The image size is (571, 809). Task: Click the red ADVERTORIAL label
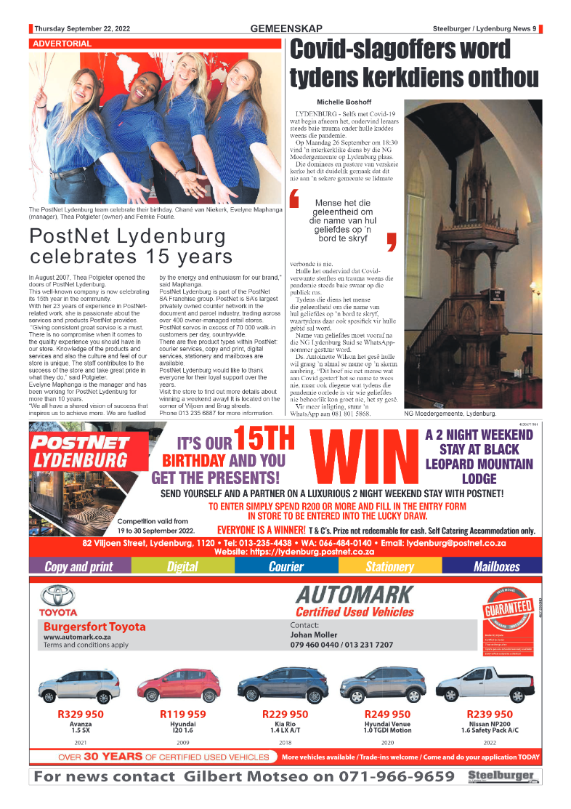62,44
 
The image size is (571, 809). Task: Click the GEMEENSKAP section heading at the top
285,28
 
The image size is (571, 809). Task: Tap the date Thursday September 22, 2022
82,29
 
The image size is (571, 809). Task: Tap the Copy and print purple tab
79,566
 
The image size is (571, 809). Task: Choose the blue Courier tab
286,566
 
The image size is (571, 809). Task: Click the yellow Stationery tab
389,566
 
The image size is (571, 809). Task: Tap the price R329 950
80,715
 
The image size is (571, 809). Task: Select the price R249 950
387,715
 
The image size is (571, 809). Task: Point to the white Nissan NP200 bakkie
484,685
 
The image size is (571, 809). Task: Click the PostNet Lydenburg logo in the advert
80,451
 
